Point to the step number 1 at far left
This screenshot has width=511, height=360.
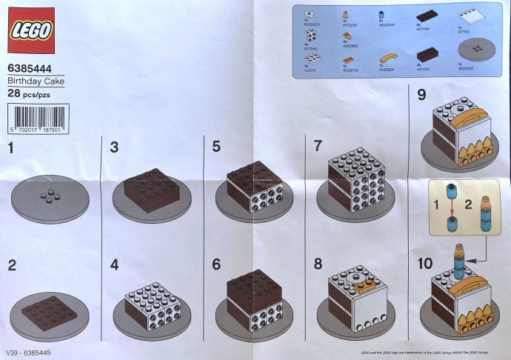pyautogui.click(x=10, y=148)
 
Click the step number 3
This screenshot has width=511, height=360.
pyautogui.click(x=115, y=147)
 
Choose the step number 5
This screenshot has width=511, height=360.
pyautogui.click(x=216, y=147)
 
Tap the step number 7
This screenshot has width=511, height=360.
pyautogui.click(x=318, y=146)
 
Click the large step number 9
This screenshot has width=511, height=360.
pyautogui.click(x=422, y=95)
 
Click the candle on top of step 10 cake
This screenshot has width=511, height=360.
pyautogui.click(x=459, y=259)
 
